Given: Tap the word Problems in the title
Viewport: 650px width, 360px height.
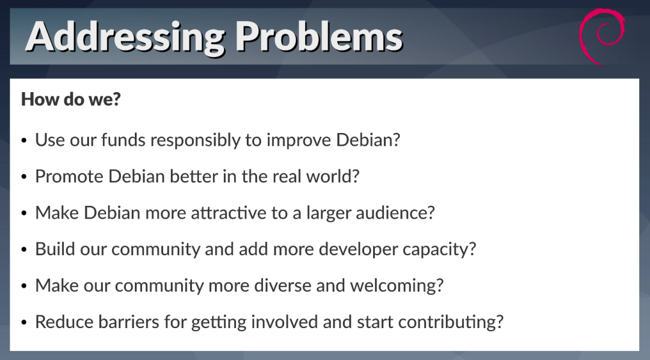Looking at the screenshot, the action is click(x=319, y=36).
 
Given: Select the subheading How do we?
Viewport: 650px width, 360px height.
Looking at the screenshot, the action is click(x=71, y=99).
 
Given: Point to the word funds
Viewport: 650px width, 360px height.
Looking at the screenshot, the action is click(x=123, y=140).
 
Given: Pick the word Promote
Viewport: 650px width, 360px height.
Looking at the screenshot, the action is click(x=70, y=176).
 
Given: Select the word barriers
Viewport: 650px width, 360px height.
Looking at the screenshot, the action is click(x=129, y=322).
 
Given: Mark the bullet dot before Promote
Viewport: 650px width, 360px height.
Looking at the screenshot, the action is click(x=24, y=177).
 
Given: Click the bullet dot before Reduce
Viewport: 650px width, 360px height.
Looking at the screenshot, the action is click(x=24, y=323).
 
